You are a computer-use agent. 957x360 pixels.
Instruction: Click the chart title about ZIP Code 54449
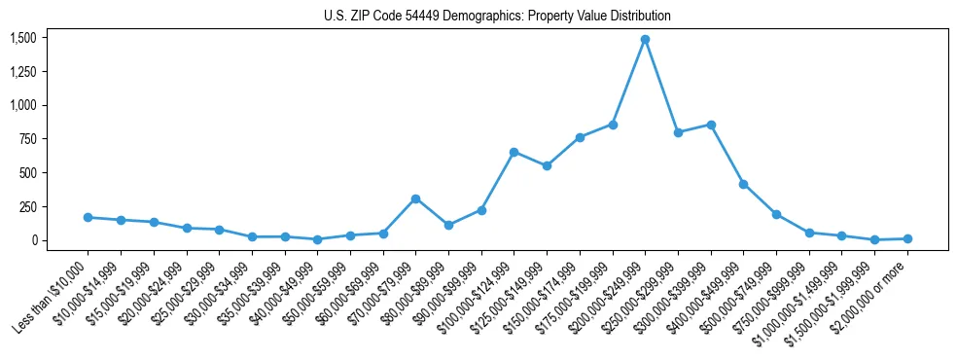pos(497,17)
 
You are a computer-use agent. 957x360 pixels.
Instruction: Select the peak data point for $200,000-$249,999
pos(645,40)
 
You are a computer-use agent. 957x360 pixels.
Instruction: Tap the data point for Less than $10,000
pos(89,217)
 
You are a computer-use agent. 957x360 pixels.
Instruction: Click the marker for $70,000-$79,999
pos(415,198)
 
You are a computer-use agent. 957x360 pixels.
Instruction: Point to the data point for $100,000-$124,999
pos(514,152)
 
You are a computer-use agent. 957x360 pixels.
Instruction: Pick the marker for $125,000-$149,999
pos(547,165)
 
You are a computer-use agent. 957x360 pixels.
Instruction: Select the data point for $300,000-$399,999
pos(711,125)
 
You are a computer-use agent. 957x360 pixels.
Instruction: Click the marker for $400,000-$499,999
pos(743,184)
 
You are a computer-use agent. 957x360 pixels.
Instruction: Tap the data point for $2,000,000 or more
pos(907,238)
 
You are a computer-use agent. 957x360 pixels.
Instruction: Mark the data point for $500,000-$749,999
pos(776,214)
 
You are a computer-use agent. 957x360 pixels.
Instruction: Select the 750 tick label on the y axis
pos(28,139)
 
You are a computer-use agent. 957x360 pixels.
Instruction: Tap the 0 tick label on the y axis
pos(34,240)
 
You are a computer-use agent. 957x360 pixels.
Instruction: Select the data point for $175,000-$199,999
pos(612,125)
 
